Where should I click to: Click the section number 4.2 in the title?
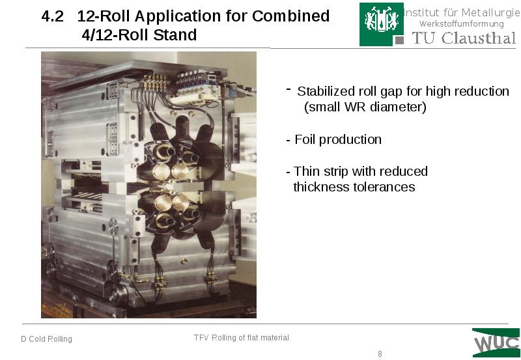53,17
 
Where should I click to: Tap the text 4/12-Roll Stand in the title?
139,35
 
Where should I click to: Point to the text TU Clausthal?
463,38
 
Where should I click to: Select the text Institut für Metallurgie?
459,12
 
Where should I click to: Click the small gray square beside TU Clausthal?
400,40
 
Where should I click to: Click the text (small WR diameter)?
365,107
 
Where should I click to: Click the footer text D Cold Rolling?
46,339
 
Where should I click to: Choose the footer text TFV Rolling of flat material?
241,338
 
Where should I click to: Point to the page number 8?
380,354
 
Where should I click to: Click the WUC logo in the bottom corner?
496,343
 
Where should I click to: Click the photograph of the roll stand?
148,185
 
